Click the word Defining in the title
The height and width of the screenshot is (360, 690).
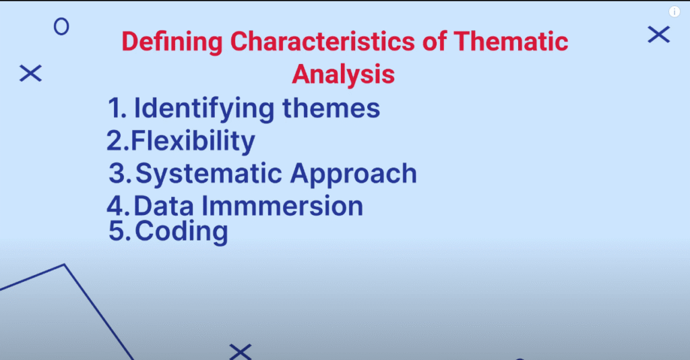click(172, 42)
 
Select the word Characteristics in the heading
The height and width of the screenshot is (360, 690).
click(323, 41)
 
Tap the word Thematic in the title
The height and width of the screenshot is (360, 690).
click(511, 41)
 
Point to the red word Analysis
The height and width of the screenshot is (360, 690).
click(343, 74)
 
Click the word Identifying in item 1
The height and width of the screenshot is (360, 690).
click(204, 109)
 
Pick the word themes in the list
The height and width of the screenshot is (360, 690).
click(332, 108)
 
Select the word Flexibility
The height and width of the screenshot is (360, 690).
click(193, 142)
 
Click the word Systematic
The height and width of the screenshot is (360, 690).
click(209, 174)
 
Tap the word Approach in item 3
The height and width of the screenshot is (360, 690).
click(353, 174)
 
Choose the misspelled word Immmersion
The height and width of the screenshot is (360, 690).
click(282, 206)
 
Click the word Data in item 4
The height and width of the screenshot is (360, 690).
click(164, 206)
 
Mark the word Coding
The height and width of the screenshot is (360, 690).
click(181, 231)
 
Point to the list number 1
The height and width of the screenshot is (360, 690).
click(117, 109)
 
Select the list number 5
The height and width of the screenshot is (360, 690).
click(120, 231)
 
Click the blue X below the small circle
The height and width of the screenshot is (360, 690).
click(30, 73)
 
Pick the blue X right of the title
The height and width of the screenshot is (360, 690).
click(659, 35)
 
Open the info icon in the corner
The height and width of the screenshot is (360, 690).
click(675, 11)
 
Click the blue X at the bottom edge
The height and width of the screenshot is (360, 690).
click(241, 352)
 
